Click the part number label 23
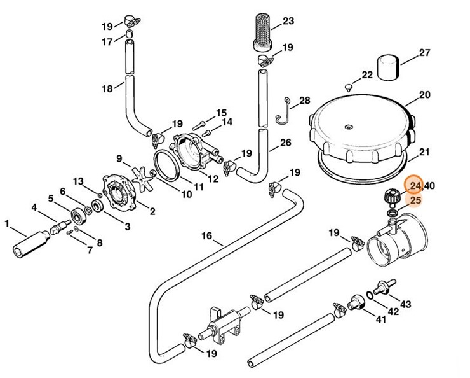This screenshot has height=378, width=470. coord(288,21)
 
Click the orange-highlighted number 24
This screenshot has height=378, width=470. coord(415,186)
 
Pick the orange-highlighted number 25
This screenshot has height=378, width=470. coord(415,201)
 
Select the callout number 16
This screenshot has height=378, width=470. coord(207,236)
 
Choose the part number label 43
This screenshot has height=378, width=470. coord(406,304)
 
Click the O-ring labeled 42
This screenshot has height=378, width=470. coord(370,298)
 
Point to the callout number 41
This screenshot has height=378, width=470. coord(381,319)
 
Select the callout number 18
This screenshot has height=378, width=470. coord(107,88)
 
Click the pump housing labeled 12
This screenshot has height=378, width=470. coord(194,152)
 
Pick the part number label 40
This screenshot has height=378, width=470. coord(430,186)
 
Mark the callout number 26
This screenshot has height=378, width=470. coord(285,143)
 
